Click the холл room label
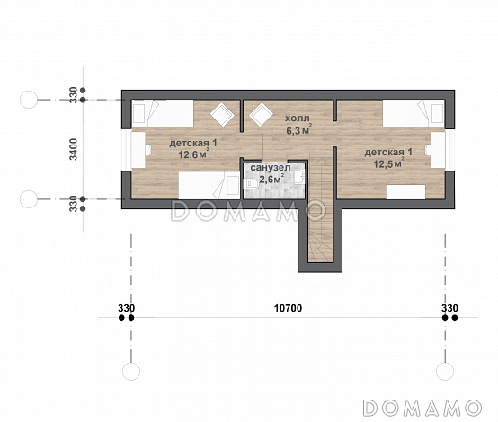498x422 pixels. (x=297, y=119)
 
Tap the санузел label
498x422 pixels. (x=271, y=168)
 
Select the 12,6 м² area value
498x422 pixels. (x=193, y=154)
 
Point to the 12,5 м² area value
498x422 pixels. (x=388, y=163)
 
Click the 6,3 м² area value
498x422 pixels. (x=298, y=130)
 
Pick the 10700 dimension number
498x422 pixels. (x=288, y=308)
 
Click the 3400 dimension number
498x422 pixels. (x=74, y=149)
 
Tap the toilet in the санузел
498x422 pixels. (x=251, y=183)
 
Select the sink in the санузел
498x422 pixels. (x=299, y=177)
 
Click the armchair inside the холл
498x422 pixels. (x=261, y=115)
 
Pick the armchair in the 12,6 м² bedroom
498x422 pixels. (x=222, y=115)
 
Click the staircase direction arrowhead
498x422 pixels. (x=323, y=161)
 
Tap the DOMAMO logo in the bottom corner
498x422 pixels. (x=422, y=408)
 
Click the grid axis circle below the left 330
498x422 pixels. (x=131, y=371)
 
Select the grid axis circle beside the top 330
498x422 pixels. (x=29, y=100)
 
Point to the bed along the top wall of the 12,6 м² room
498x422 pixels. (x=163, y=114)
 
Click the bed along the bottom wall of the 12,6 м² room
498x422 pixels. (x=209, y=186)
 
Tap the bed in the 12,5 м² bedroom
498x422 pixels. (x=414, y=114)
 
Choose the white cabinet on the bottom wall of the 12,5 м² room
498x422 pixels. (x=406, y=192)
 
